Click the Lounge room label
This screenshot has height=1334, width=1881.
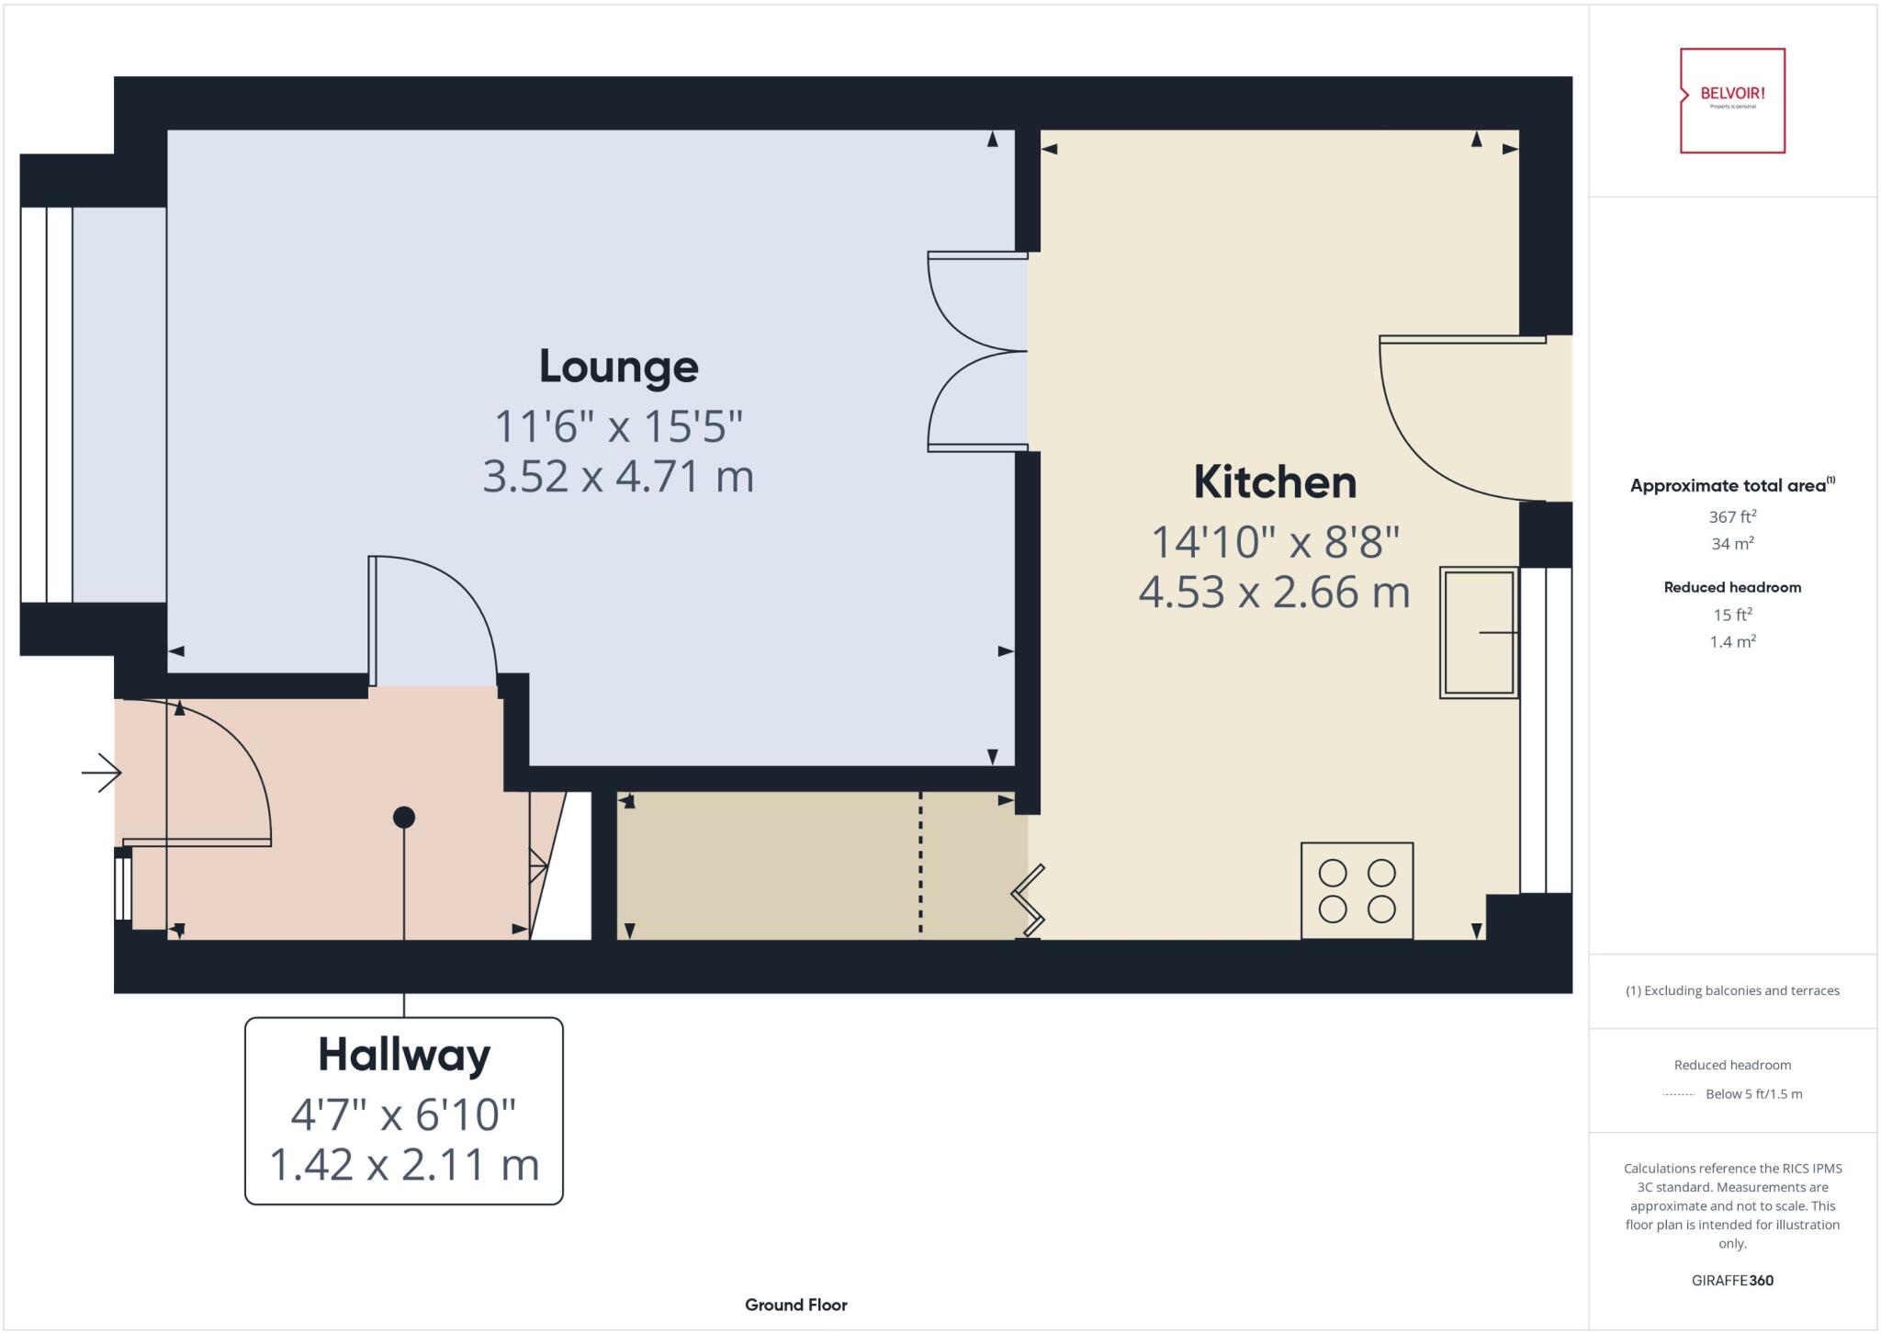coord(618,367)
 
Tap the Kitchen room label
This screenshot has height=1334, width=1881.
coord(1274,482)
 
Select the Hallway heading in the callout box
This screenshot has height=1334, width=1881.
coord(404,1055)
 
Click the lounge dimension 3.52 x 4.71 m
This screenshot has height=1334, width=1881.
coord(618,477)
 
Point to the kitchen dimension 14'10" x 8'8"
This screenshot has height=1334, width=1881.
coord(1274,542)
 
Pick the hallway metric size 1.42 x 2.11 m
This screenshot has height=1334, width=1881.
coord(404,1165)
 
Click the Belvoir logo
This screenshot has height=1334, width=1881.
coord(1732,100)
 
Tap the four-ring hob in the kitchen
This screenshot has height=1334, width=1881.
coord(1357,890)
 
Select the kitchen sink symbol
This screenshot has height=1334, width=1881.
coord(1478,632)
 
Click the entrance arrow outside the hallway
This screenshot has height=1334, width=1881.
coord(102,773)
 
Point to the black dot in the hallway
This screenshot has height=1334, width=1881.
coord(404,817)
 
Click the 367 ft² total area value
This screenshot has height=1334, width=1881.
coord(1732,517)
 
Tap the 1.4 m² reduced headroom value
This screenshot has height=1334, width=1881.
coord(1732,642)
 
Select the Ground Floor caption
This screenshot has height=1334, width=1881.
coord(795,1305)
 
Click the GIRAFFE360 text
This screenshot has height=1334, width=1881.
coord(1732,1280)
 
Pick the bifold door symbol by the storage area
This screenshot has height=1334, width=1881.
coord(1029,901)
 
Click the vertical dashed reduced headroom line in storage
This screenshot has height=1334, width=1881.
coord(920,864)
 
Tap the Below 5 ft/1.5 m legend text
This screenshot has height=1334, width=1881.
coord(1752,1094)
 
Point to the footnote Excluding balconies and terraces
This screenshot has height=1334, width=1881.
coord(1732,990)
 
